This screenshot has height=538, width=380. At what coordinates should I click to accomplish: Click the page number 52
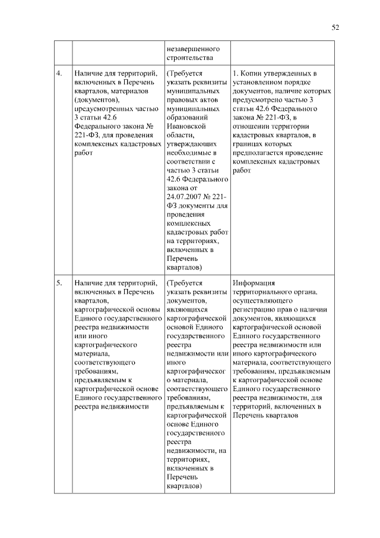coord(335,27)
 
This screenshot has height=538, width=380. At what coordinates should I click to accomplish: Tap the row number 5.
coord(59,284)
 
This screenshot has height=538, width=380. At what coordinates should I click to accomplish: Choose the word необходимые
coord(191,152)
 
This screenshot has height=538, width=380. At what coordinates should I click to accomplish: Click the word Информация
coord(255,284)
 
